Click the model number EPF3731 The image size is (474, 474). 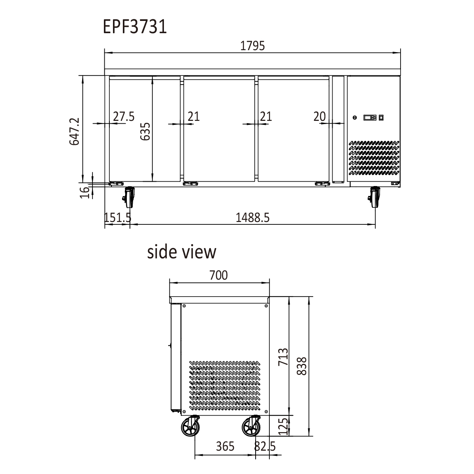tap(135, 26)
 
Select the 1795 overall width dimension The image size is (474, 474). tap(252, 46)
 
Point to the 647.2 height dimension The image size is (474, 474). tap(75, 132)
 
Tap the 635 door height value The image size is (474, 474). tap(145, 132)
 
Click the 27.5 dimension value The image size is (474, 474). tap(124, 117)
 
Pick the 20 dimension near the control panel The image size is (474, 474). tap(320, 117)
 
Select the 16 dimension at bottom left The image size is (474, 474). tap(85, 192)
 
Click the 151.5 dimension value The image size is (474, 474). tap(118, 217)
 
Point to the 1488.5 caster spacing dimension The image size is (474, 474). tap(253, 217)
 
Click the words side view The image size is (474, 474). tap(182, 252)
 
